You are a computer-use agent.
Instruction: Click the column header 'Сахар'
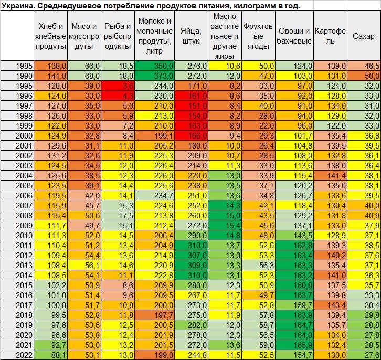tap(364, 36)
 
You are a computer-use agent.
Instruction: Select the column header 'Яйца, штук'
tap(191, 36)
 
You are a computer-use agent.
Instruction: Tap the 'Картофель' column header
tap(330, 36)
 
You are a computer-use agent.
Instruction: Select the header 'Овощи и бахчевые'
tap(294, 36)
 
